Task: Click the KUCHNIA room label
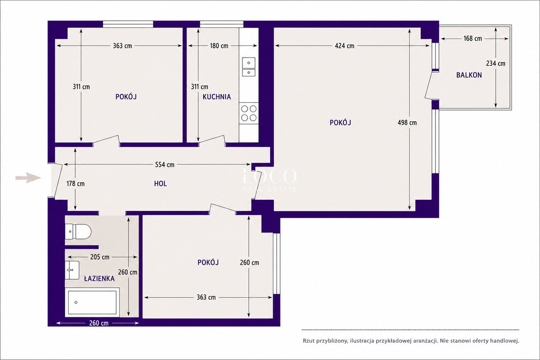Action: (217, 96)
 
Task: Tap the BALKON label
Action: (469, 75)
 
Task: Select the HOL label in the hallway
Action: (160, 184)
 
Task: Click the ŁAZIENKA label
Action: (99, 278)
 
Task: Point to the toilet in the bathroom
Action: (78, 231)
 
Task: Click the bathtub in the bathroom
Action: (92, 303)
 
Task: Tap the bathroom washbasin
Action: (72, 270)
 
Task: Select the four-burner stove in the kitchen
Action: (249, 113)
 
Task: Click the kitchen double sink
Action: (249, 67)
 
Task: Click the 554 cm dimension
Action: (165, 164)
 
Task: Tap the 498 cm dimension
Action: (407, 122)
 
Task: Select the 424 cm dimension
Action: (345, 45)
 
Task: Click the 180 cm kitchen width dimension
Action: (219, 45)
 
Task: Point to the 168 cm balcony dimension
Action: (473, 38)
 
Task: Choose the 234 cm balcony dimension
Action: (496, 63)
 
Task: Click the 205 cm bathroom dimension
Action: (100, 257)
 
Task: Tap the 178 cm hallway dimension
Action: (75, 183)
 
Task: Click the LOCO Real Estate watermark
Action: (269, 179)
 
